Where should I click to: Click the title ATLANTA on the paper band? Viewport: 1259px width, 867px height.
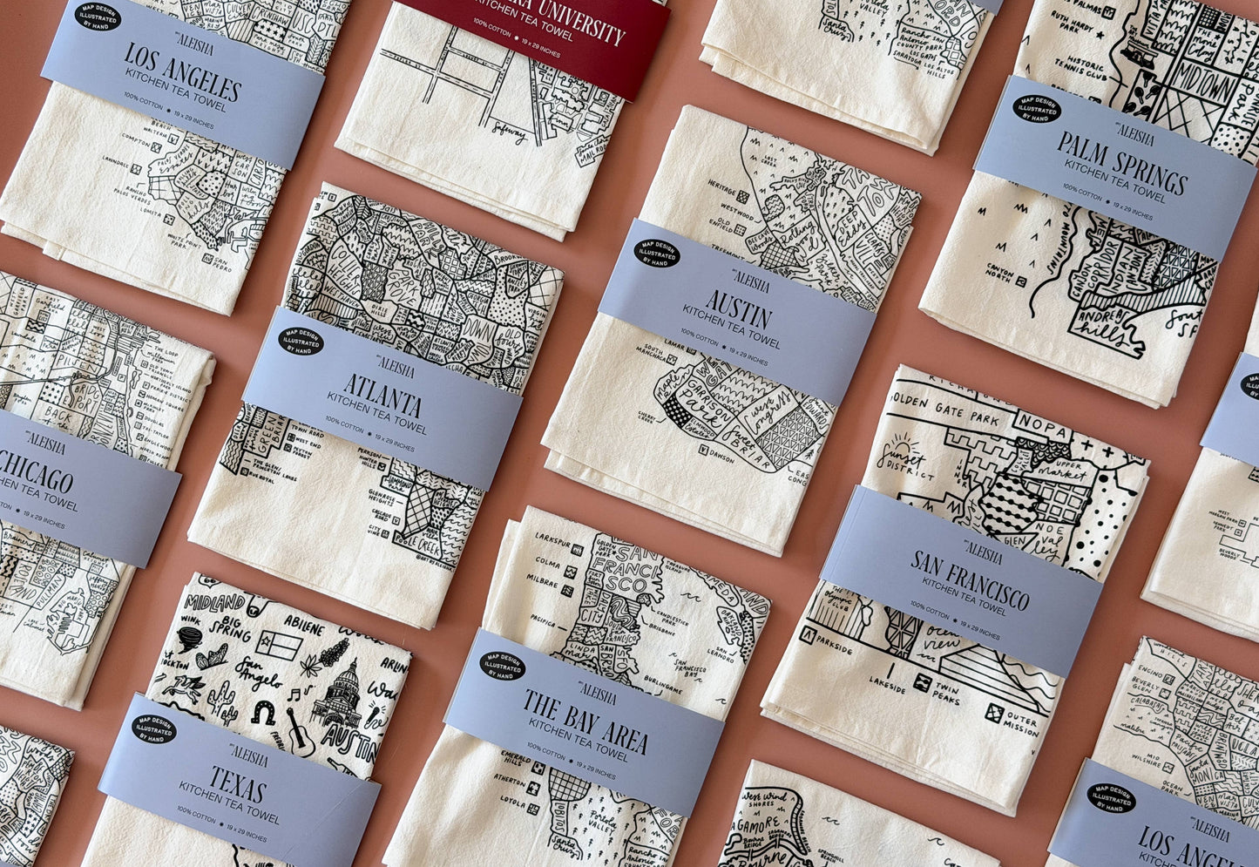pyautogui.click(x=382, y=396)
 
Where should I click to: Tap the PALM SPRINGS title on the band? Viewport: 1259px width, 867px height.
pyautogui.click(x=1122, y=162)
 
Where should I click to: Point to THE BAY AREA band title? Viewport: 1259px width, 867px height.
pyautogui.click(x=585, y=721)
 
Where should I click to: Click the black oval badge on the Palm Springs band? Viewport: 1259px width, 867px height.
pyautogui.click(x=1036, y=108)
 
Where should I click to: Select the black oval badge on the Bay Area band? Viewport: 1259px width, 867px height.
pyautogui.click(x=503, y=666)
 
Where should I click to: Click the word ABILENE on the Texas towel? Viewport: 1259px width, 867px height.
pyautogui.click(x=302, y=627)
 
